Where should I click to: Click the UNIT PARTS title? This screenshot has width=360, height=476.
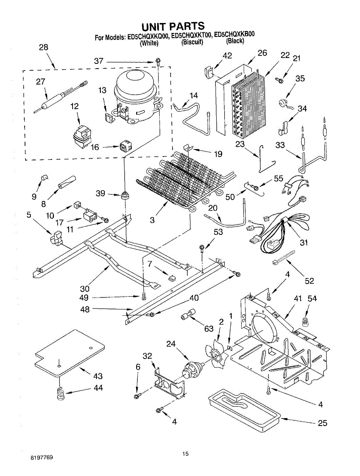pyautogui.click(x=173, y=27)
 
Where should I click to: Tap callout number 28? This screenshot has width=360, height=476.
pyautogui.click(x=43, y=47)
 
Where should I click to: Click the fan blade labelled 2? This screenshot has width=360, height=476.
pyautogui.click(x=216, y=351)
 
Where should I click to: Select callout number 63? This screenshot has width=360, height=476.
pyautogui.click(x=208, y=328)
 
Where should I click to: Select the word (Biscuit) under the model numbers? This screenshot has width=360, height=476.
pyautogui.click(x=192, y=42)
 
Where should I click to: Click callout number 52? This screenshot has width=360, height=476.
pyautogui.click(x=309, y=281)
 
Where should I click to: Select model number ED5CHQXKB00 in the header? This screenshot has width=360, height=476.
pyautogui.click(x=234, y=35)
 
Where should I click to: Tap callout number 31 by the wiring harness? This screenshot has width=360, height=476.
pyautogui.click(x=304, y=242)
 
